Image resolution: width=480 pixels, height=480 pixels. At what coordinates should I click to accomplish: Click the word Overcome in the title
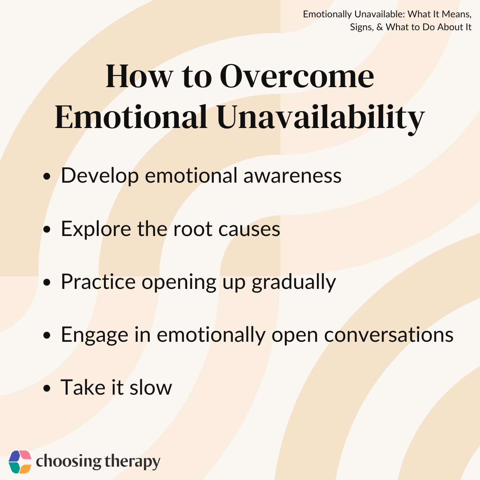point(296,76)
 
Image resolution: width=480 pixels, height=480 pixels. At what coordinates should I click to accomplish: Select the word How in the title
point(140,76)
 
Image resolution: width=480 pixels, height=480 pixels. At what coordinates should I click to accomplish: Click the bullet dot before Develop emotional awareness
point(47,176)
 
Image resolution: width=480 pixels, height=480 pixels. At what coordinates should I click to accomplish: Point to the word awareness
point(292,176)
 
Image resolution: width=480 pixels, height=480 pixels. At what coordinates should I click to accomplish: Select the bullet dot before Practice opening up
point(47,282)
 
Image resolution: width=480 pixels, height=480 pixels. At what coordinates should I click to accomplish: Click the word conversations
point(389,335)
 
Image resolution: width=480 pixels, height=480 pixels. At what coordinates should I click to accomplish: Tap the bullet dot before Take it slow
point(47,388)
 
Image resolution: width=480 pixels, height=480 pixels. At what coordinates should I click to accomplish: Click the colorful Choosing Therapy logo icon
point(20,462)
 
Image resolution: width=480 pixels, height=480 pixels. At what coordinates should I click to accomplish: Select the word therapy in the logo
point(132,462)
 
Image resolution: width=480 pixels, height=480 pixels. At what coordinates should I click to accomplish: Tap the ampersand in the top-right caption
point(380,27)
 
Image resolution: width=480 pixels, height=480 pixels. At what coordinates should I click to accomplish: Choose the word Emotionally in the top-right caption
point(327,15)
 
